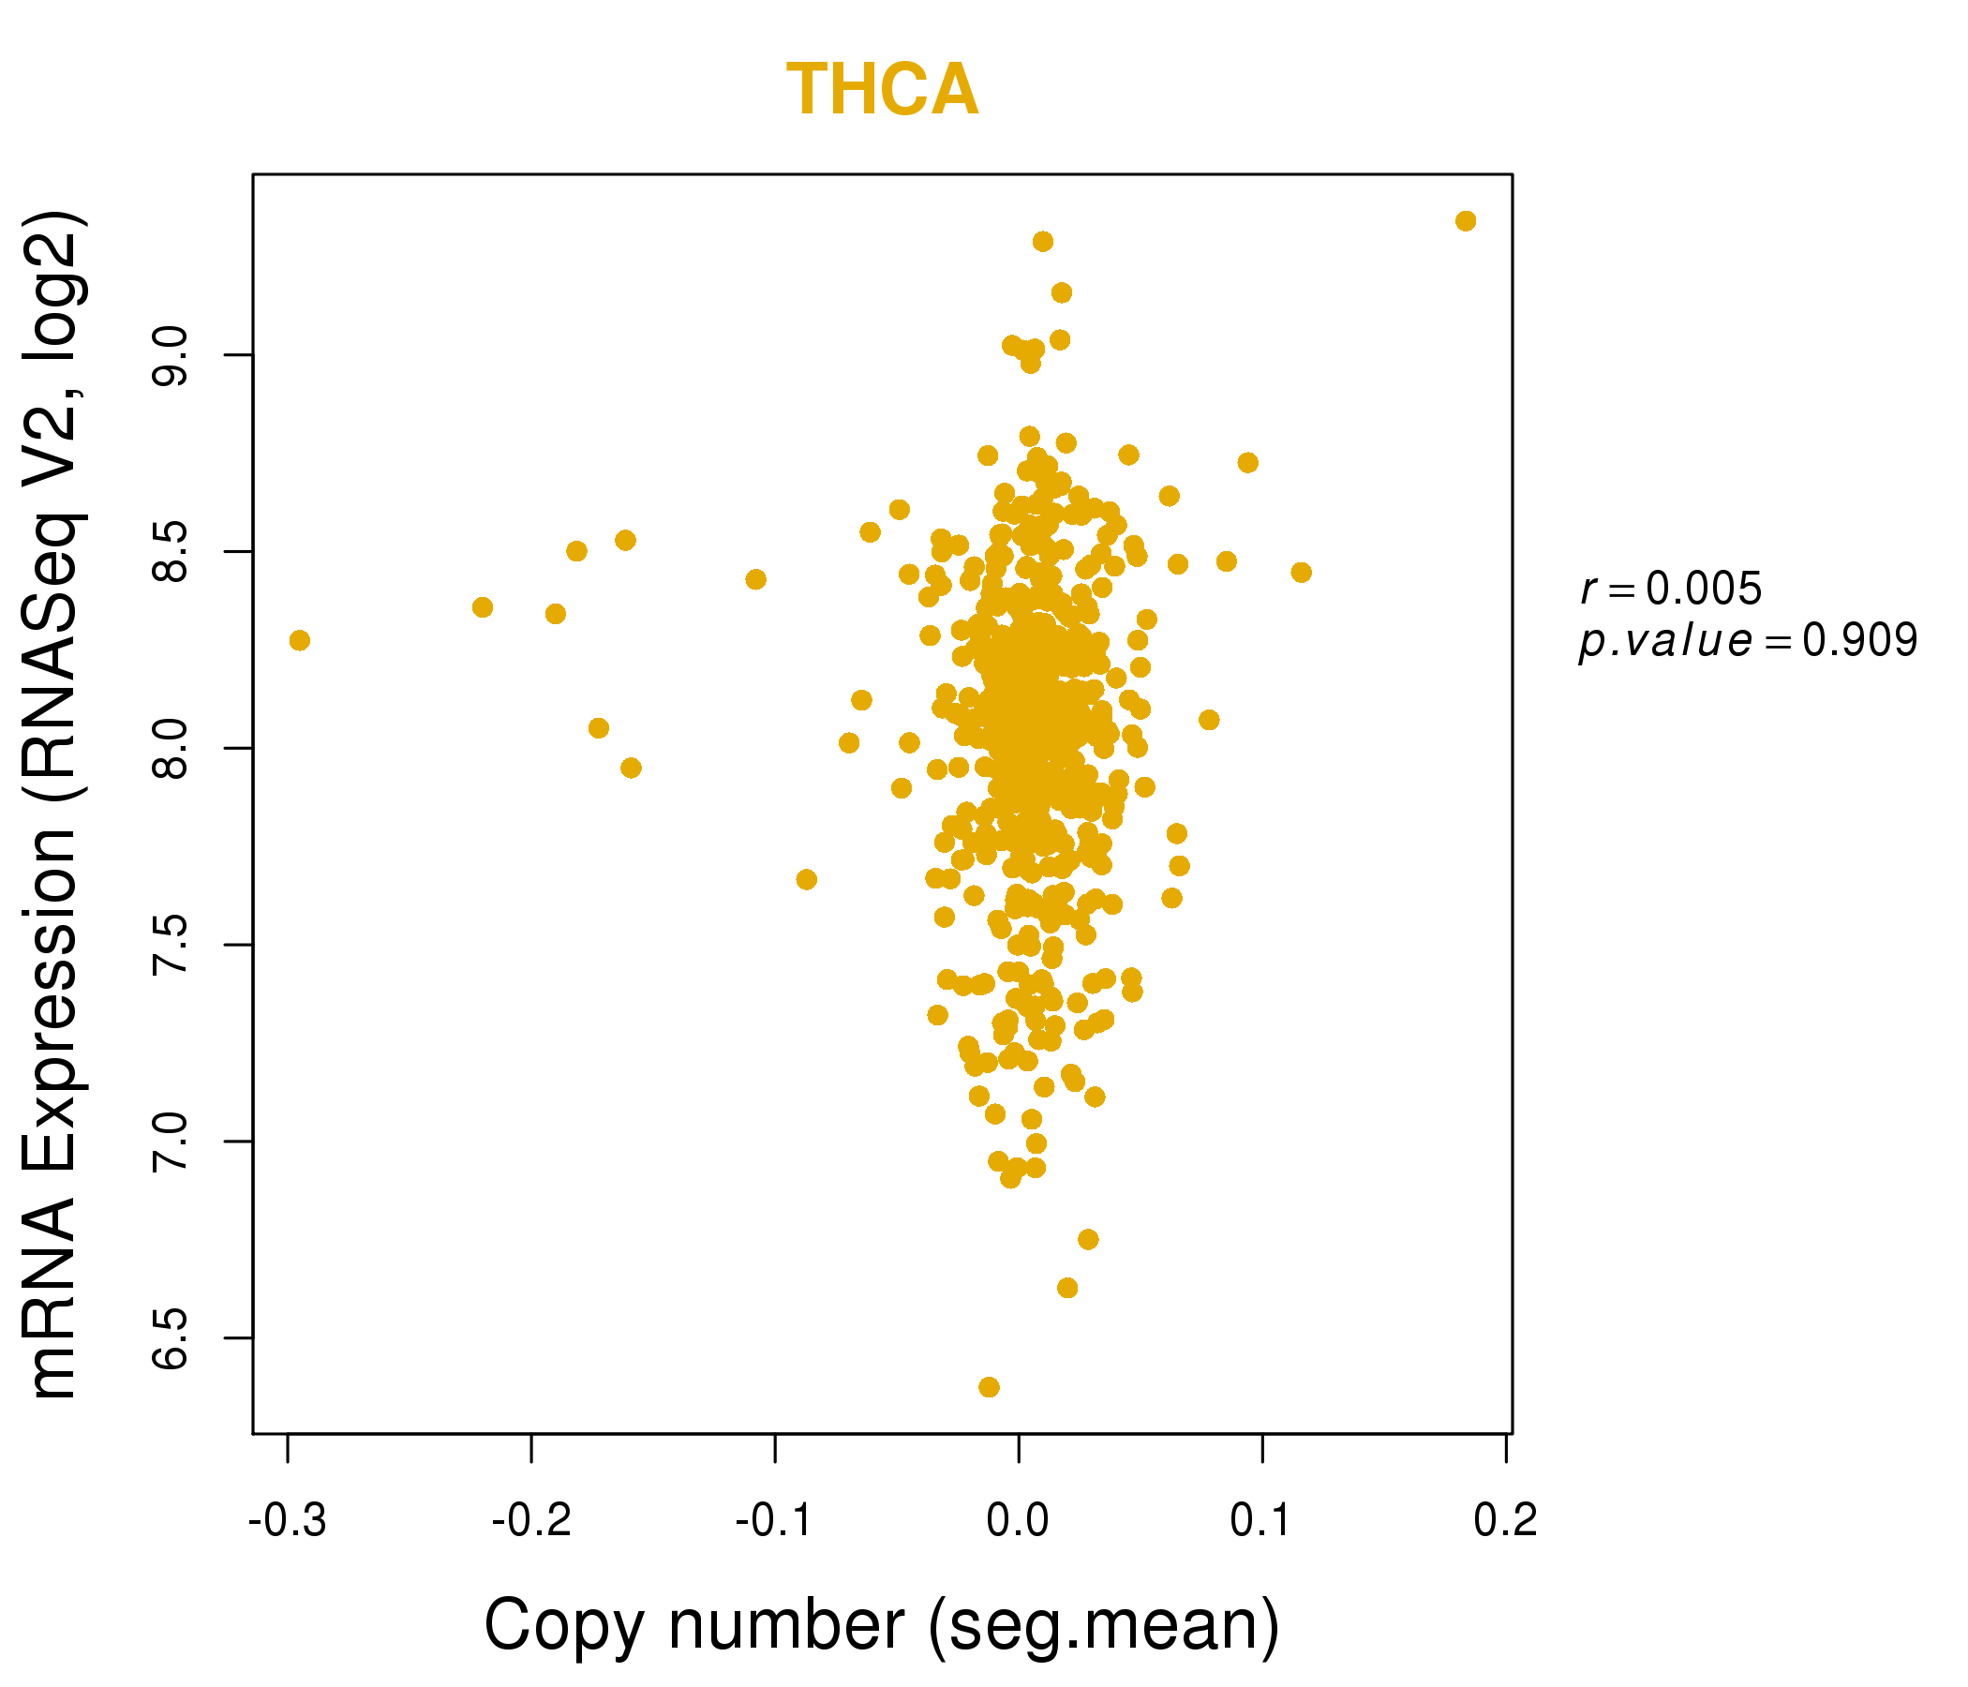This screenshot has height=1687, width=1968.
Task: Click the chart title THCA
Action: [x=882, y=90]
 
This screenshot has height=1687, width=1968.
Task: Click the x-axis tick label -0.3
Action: [x=287, y=1521]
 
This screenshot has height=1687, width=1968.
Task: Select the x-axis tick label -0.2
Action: [x=531, y=1521]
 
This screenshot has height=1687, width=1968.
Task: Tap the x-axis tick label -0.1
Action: [x=774, y=1521]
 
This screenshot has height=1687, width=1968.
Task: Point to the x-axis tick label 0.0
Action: [x=1017, y=1521]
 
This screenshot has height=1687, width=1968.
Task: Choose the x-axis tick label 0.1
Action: [x=1261, y=1521]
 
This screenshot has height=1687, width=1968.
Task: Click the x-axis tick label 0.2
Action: [x=1504, y=1521]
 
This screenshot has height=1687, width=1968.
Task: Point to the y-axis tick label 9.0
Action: [x=171, y=355]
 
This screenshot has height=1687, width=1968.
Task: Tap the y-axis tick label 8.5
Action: [x=171, y=552]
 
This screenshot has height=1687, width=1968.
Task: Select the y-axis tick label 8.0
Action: [x=171, y=749]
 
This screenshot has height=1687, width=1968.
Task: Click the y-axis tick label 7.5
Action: [x=171, y=945]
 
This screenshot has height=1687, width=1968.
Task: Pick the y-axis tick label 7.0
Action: [x=171, y=1142]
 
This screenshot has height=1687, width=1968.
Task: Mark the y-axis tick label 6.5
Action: [x=171, y=1338]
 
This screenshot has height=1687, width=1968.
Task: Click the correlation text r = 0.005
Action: [x=1671, y=590]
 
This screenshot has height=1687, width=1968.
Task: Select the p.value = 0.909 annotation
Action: [x=1748, y=641]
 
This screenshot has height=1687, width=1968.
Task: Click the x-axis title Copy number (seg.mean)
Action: [x=882, y=1625]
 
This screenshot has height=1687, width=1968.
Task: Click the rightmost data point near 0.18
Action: [x=1466, y=221]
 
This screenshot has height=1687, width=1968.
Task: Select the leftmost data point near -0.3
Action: [x=299, y=641]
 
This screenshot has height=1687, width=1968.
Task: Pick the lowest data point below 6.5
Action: [x=989, y=1388]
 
